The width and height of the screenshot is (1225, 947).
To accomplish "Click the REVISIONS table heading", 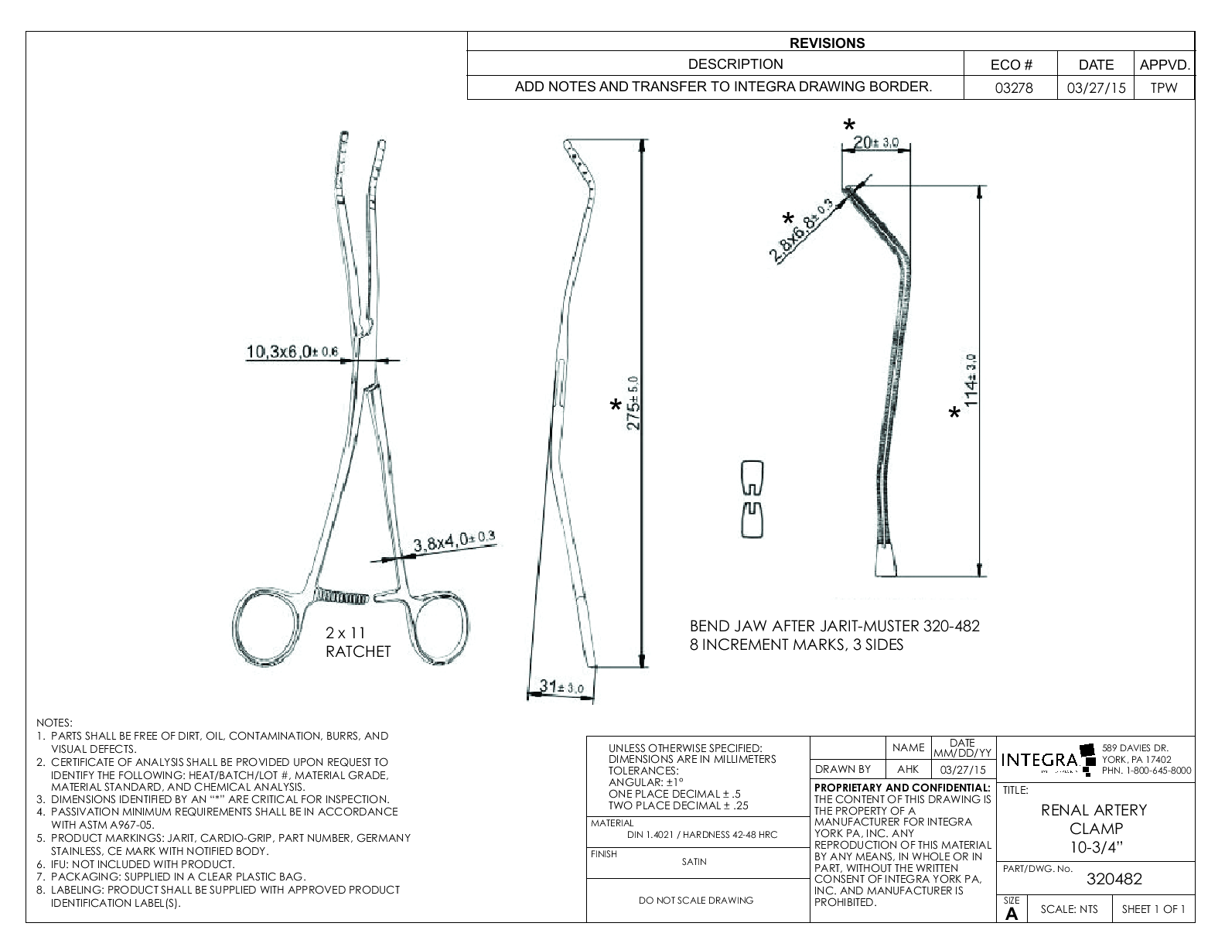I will point(831,43).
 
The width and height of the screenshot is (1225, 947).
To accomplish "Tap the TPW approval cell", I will point(1163,87).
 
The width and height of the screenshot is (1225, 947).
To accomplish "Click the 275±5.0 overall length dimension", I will point(633,405).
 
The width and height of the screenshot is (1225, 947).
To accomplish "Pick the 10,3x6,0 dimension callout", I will point(292,352).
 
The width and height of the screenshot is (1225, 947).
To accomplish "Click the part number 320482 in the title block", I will point(1114,879).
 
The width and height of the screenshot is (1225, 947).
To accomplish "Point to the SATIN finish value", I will point(694,861).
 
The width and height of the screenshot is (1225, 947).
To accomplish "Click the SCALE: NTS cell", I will point(1069,909).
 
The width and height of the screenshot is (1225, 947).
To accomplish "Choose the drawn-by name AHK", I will point(908,770).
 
